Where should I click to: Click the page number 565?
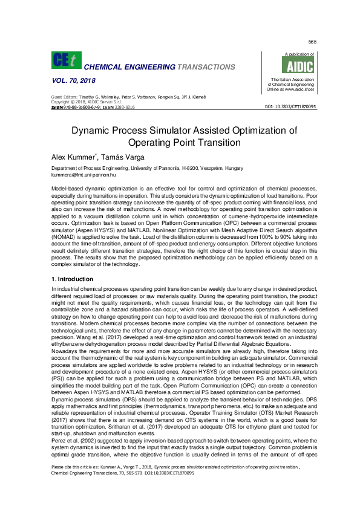point(312,42)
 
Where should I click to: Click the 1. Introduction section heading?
point(72,279)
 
